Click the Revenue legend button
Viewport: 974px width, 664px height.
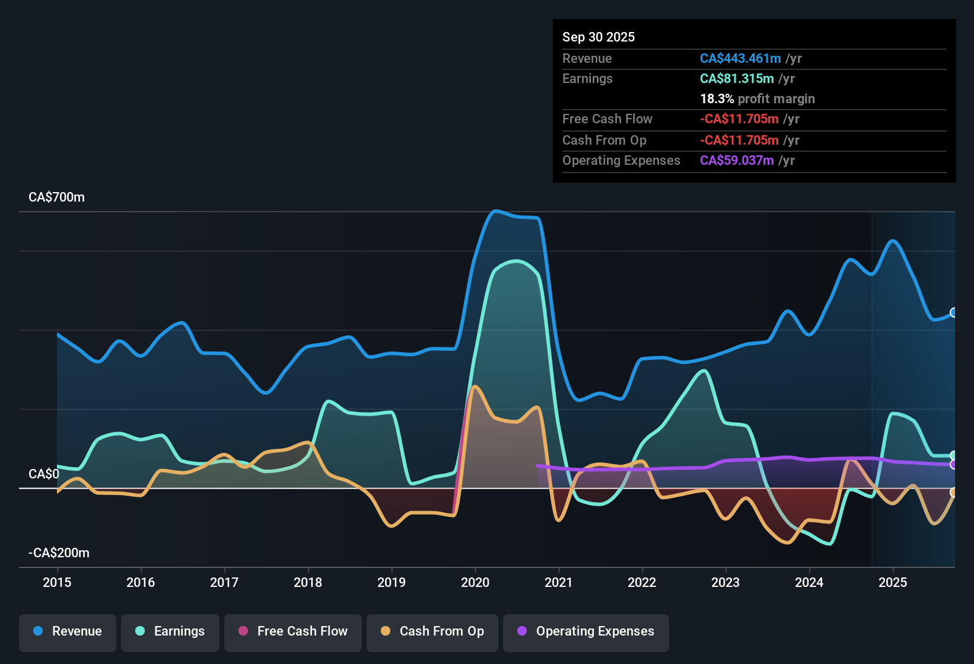[x=68, y=631]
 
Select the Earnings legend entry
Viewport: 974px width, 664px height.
[x=170, y=631]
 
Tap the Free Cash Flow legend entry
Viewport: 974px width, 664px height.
[x=293, y=631]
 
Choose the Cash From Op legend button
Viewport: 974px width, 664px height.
[x=432, y=631]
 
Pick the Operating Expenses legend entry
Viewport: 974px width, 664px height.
[x=585, y=631]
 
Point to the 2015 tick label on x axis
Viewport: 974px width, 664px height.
[x=57, y=582]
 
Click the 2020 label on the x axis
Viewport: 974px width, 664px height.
[x=475, y=582]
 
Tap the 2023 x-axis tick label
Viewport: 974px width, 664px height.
[x=725, y=582]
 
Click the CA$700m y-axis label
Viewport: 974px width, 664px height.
[x=56, y=197]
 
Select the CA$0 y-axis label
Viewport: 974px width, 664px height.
[x=44, y=474]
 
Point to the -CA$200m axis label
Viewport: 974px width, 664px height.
[x=59, y=553]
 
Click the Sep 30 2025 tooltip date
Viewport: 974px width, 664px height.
[x=598, y=37]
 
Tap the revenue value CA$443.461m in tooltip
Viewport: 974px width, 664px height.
[x=740, y=59]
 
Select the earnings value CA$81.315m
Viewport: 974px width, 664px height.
[x=736, y=79]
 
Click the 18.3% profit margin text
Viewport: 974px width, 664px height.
[x=757, y=99]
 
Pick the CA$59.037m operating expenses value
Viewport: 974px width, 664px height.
[x=736, y=161]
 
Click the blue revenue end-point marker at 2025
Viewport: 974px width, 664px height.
[x=953, y=312]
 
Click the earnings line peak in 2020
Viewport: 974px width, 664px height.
[x=517, y=261]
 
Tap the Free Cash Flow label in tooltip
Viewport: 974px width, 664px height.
[x=607, y=119]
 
